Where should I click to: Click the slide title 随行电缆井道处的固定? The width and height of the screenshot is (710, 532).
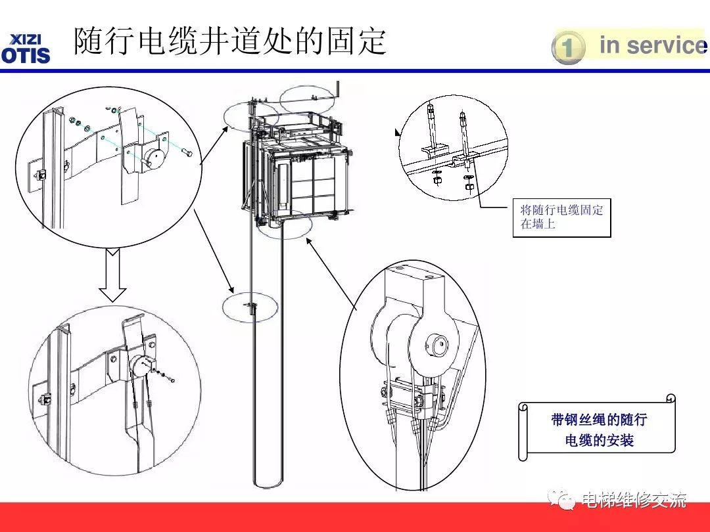point(229,41)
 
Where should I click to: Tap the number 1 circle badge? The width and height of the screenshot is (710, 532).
point(568,48)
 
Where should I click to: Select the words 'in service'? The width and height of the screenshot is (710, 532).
point(651,45)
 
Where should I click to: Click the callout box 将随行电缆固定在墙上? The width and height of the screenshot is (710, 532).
point(561,217)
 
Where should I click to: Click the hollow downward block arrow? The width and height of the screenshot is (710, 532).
point(113,269)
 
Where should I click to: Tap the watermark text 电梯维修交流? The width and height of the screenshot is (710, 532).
point(634,500)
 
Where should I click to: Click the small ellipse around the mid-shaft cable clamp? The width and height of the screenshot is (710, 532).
point(250,307)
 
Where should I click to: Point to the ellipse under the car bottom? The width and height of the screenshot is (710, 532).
point(285,225)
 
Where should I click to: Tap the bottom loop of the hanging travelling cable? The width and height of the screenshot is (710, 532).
point(267,485)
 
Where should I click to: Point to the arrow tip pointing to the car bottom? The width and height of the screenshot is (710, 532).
point(306,241)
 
